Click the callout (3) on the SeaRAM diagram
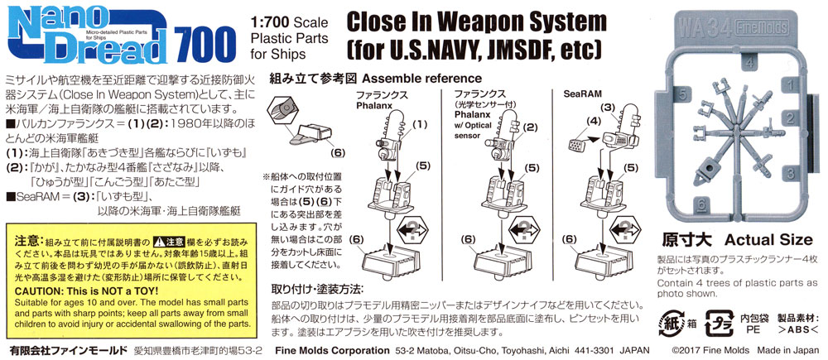pos(606,107)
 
